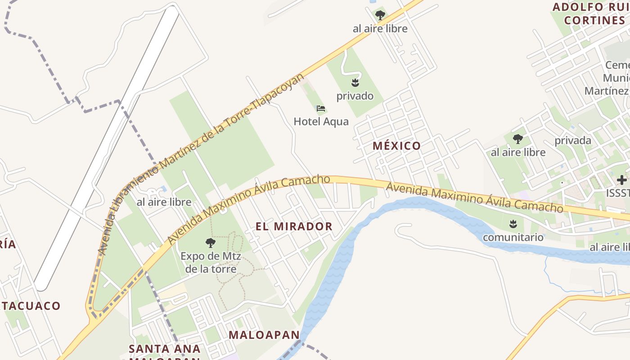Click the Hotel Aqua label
[321, 121]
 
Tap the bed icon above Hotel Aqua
[321, 108]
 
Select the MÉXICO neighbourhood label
[397, 146]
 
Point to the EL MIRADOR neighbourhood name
[294, 226]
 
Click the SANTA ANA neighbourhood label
[165, 349]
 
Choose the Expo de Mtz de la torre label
[211, 263]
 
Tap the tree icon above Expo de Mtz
[210, 243]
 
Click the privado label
[355, 96]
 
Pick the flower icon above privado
[355, 82]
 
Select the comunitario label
[513, 237]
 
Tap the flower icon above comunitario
[513, 223]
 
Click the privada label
[573, 140]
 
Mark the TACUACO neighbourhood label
[31, 306]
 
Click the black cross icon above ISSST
[622, 180]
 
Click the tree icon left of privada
[518, 139]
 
